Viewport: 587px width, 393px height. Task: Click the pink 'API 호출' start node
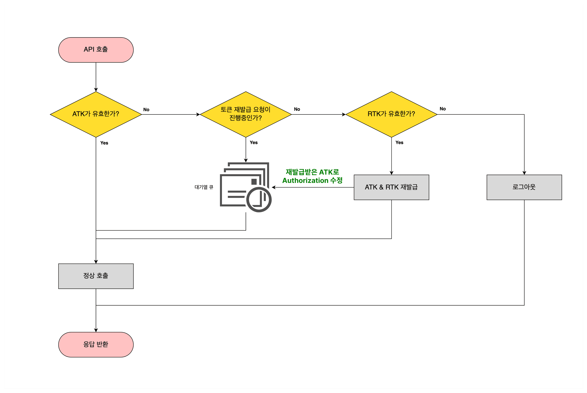[x=96, y=50]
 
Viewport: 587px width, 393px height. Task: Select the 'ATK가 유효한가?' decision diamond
[x=96, y=114]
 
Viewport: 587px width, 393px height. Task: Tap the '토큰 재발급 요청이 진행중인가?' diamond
[x=246, y=114]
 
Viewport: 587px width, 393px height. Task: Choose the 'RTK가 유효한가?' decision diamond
[x=391, y=114]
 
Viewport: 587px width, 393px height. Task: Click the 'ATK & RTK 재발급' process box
[x=391, y=187]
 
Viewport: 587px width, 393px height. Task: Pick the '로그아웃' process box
[x=524, y=187]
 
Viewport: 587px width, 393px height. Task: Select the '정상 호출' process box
[x=96, y=276]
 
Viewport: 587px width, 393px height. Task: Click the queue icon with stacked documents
[x=246, y=187]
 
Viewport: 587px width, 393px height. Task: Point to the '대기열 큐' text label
[x=204, y=187]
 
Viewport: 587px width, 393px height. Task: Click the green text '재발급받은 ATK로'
[x=312, y=172]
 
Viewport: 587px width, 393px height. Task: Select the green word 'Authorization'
[x=305, y=181]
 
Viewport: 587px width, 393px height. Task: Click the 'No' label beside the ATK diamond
[x=146, y=110]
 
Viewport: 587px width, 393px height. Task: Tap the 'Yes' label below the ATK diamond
[x=104, y=143]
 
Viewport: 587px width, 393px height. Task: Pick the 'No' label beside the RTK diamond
[x=443, y=109]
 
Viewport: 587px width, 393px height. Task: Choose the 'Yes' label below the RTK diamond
[x=399, y=142]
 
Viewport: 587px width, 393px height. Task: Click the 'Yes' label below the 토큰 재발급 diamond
[x=254, y=142]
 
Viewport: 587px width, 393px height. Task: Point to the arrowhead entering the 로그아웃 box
[x=524, y=173]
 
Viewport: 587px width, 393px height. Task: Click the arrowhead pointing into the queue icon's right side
[x=274, y=187]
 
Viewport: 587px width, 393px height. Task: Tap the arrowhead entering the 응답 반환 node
[x=96, y=330]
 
